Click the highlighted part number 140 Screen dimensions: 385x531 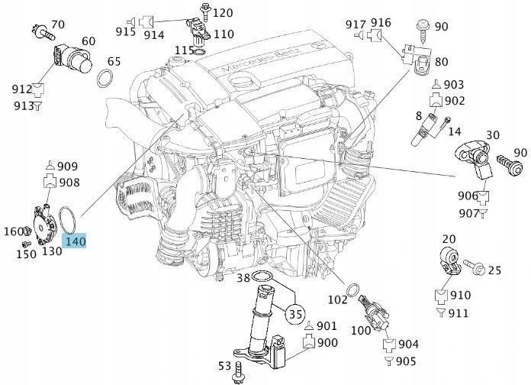pos(76,242)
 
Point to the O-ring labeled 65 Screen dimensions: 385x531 pos(108,77)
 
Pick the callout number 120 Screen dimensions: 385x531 pos(222,13)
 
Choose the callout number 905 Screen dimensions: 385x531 pos(407,361)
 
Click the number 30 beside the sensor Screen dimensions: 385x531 pos(492,135)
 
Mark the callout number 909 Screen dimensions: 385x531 pos(68,166)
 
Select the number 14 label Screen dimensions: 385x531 pos(455,131)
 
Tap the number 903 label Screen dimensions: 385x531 pos(454,84)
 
